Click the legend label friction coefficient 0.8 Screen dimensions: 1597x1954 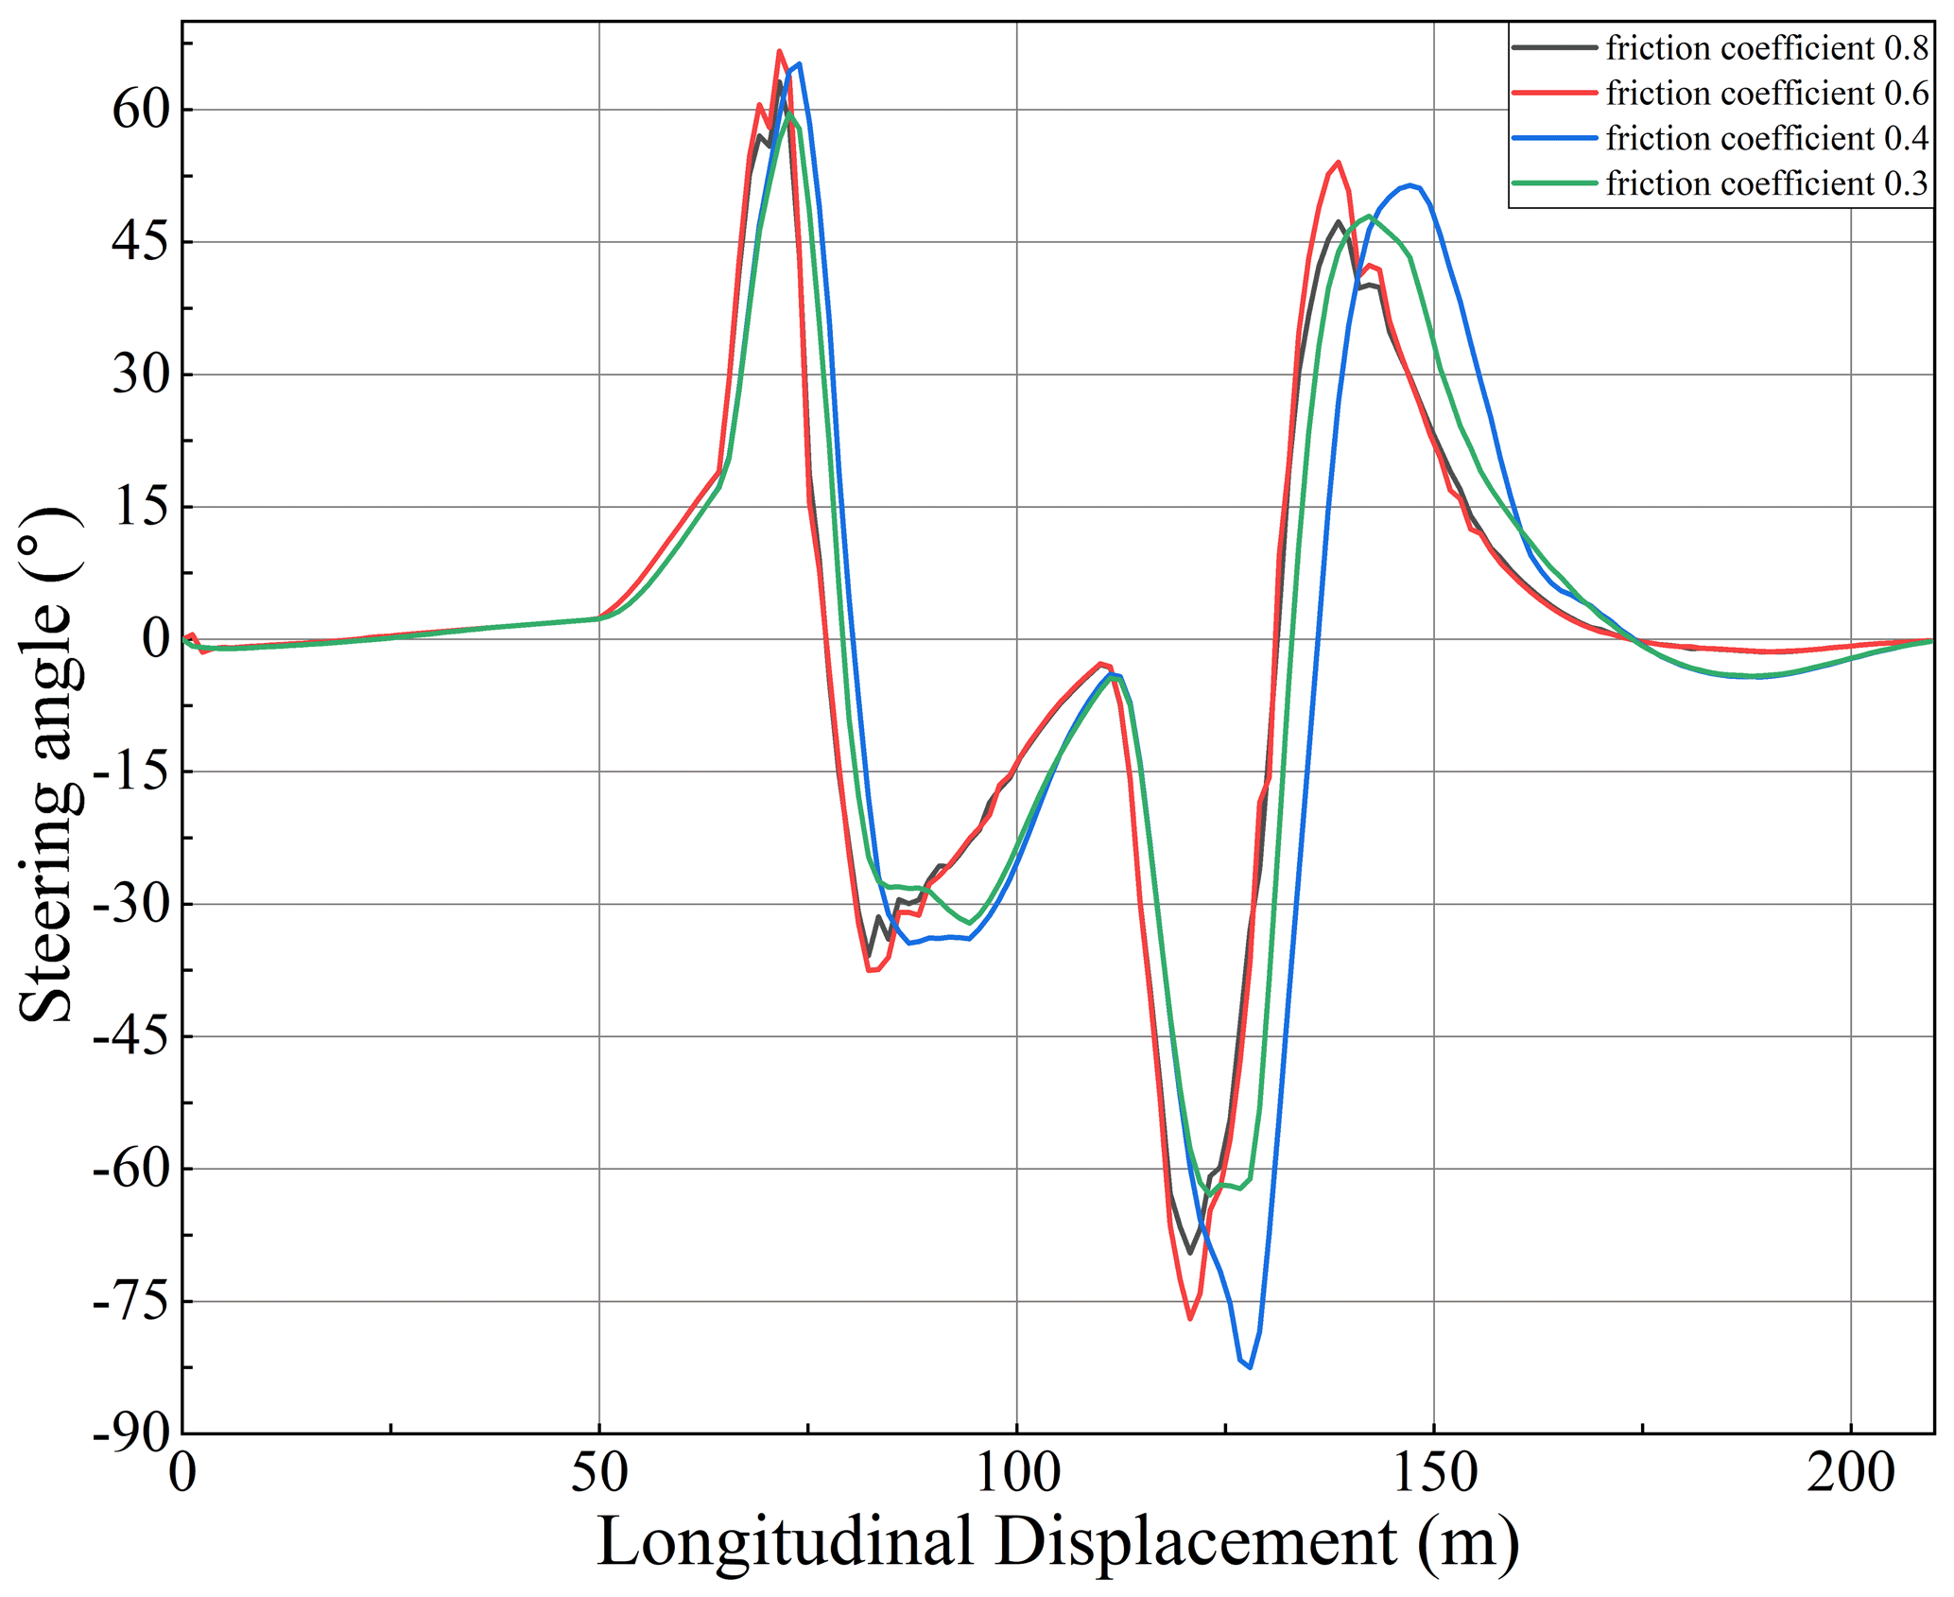click(1766, 48)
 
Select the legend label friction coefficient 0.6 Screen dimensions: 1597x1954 click(1766, 94)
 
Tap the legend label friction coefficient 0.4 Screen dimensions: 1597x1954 click(1766, 139)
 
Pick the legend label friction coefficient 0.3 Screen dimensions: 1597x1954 click(1766, 183)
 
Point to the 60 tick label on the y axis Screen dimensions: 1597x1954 click(140, 111)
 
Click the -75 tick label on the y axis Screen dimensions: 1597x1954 click(132, 1303)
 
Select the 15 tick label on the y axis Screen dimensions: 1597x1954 click(140, 508)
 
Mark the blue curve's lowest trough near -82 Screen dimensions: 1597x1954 click(1250, 1367)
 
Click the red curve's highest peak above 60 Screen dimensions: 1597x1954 click(779, 51)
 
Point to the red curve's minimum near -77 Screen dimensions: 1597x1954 click(1189, 1318)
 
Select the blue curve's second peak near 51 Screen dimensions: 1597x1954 click(1409, 185)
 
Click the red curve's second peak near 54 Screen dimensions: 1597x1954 click(1338, 163)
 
